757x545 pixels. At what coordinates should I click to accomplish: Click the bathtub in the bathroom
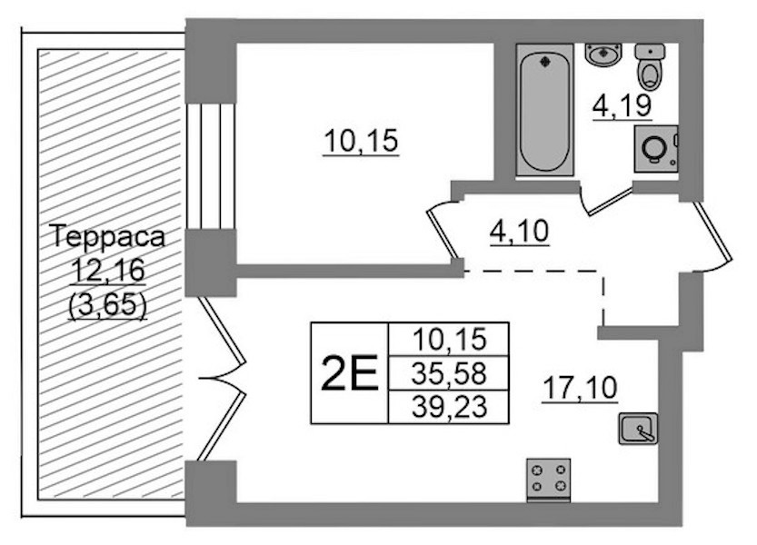(x=544, y=110)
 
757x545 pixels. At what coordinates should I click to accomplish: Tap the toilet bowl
(x=650, y=66)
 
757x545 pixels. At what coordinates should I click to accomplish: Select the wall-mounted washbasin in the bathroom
(x=603, y=54)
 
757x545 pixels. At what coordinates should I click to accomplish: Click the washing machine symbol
(x=656, y=149)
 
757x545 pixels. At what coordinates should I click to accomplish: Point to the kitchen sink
(x=638, y=428)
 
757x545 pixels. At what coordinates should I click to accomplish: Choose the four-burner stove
(x=549, y=478)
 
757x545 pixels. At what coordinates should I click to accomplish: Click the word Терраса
(x=107, y=237)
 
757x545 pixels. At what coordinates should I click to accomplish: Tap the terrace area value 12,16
(x=107, y=271)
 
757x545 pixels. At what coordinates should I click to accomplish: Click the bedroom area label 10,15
(x=361, y=142)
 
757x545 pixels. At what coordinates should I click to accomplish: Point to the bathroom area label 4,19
(x=623, y=105)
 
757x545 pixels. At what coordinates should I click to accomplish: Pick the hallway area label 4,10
(x=520, y=232)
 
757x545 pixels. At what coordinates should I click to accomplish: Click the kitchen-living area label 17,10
(x=581, y=388)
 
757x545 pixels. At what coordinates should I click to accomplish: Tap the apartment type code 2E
(x=349, y=372)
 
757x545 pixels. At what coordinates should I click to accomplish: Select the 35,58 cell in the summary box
(x=449, y=373)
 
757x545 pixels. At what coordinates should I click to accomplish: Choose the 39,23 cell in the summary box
(x=449, y=407)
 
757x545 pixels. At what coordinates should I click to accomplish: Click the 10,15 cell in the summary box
(x=449, y=340)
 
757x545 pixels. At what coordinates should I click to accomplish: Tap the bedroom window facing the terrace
(x=211, y=166)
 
